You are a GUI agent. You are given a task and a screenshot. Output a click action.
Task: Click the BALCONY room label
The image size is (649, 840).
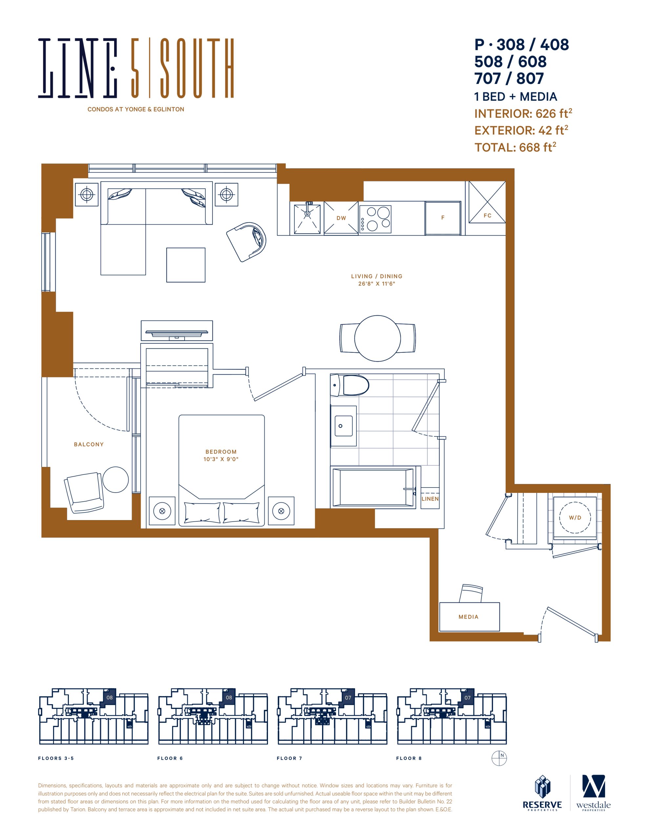(x=89, y=444)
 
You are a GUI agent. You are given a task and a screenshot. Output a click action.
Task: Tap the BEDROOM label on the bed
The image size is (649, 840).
(x=221, y=451)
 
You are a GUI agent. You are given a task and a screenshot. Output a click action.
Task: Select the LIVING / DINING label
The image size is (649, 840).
(x=377, y=276)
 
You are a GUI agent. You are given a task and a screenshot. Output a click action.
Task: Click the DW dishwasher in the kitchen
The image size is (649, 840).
(x=341, y=218)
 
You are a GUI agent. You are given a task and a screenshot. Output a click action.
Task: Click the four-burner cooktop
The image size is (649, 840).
(x=375, y=219)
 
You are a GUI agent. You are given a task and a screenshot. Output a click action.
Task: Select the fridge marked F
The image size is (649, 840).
(x=443, y=218)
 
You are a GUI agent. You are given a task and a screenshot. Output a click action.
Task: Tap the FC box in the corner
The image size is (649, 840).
(x=487, y=202)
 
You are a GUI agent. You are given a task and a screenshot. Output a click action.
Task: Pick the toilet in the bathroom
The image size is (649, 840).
(x=350, y=385)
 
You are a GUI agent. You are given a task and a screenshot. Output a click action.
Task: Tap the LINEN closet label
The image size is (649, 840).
(x=430, y=499)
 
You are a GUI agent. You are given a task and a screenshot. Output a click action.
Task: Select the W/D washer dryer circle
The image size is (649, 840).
(x=575, y=517)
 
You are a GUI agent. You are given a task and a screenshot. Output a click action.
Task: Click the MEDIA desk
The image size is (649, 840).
(x=469, y=617)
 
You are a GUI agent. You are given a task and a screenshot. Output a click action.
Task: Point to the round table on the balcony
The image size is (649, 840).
(x=115, y=480)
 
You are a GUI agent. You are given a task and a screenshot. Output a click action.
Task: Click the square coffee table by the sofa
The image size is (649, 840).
(x=186, y=265)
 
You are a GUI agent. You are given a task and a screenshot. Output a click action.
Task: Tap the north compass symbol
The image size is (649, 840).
(x=499, y=758)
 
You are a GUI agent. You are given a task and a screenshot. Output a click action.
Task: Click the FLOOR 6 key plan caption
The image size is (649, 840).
(x=170, y=758)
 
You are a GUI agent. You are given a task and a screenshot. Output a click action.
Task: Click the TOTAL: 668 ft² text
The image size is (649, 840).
(x=515, y=147)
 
